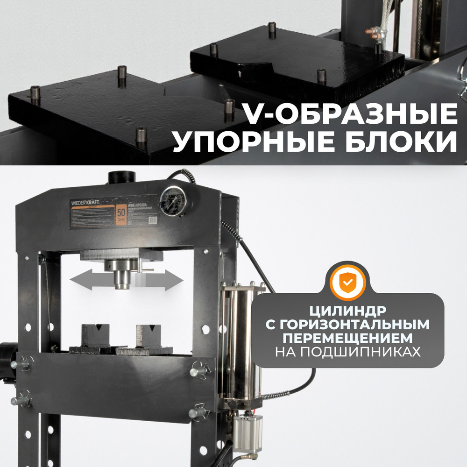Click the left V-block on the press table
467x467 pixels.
[95, 336]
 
